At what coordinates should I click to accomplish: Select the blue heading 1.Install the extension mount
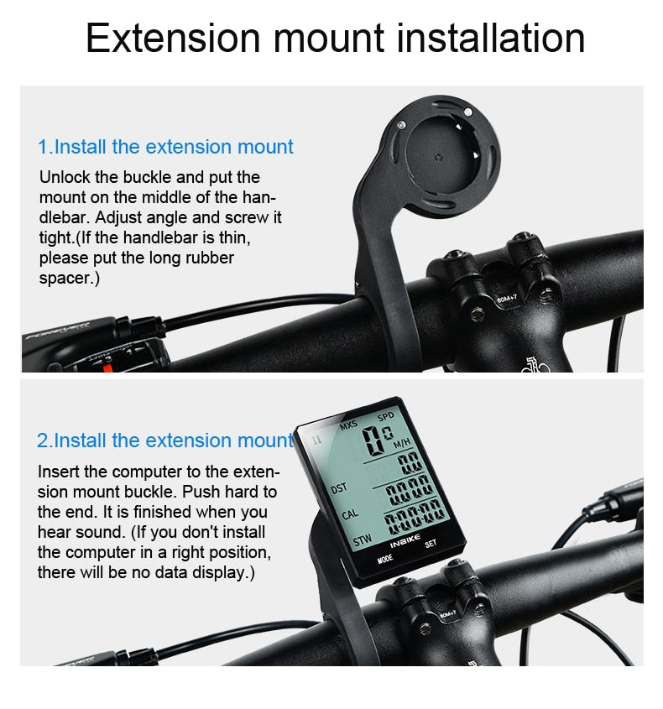(x=165, y=147)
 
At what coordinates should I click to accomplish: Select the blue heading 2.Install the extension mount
(x=165, y=441)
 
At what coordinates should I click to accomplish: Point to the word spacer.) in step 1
(x=70, y=278)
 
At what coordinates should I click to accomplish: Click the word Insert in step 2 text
(x=59, y=472)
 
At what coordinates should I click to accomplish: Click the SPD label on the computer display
(x=385, y=417)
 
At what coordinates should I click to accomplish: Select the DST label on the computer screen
(x=338, y=487)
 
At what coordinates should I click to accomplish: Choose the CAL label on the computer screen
(x=349, y=514)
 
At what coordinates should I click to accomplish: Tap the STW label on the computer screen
(x=362, y=541)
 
